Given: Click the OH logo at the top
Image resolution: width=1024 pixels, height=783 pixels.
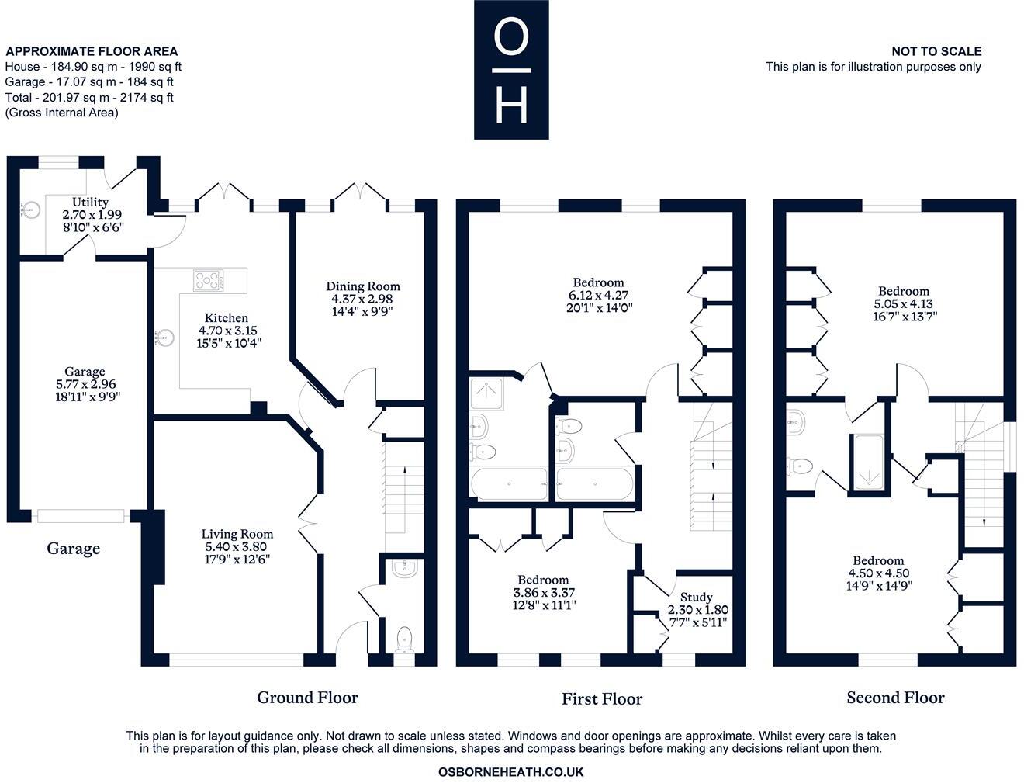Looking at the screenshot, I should coord(511,70).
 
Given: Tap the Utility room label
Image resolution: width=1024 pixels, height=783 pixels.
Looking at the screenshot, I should coord(90,202).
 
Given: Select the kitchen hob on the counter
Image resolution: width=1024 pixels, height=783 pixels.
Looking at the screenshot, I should coord(208,279).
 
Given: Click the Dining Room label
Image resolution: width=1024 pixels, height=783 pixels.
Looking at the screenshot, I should coord(362,286).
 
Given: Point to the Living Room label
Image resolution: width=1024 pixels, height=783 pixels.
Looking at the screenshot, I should coord(237,534).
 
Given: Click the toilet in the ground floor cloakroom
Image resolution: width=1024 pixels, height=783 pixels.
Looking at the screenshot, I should coord(404,639).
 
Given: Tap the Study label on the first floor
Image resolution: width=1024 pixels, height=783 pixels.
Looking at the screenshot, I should coord(696,598).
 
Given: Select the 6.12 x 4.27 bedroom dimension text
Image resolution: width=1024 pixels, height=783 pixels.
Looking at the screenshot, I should coord(597,295).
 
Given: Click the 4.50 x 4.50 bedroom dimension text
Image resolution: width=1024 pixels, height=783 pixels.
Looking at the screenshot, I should coord(878,573).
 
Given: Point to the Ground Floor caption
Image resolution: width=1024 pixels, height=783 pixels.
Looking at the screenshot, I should coord(307,698).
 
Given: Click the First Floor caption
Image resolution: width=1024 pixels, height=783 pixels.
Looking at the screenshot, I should coord(602,699).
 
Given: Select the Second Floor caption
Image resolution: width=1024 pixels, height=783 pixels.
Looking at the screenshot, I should coord(895,698).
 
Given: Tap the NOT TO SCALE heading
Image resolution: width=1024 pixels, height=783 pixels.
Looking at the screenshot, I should coord(936,51).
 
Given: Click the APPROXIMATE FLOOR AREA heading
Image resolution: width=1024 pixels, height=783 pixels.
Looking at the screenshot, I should coord(92,52).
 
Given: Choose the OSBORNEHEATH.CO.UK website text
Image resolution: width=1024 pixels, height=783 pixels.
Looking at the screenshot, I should coord(510,772).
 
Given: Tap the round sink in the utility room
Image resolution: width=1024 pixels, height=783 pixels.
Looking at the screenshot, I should coord(30,208).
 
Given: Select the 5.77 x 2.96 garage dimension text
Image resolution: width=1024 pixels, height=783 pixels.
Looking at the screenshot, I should coord(84,384).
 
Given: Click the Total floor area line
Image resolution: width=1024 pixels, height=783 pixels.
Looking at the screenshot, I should coord(89,98).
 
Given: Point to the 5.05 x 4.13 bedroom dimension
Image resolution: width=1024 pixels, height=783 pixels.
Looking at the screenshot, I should coord(904,304).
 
